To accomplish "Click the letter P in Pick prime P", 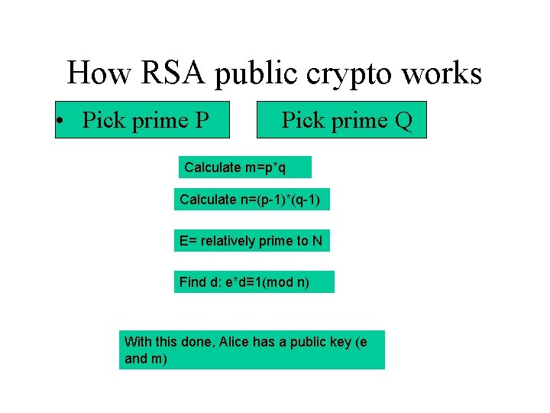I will pos(202,120).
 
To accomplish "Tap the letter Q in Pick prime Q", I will pos(403,120).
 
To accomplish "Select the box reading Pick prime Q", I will pos(341,120).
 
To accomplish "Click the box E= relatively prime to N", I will pos(251,241).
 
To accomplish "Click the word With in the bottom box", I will pos(137,342).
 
